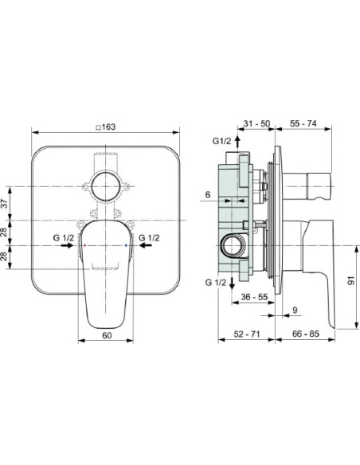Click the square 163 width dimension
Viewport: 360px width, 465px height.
105,126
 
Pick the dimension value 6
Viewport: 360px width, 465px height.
206,195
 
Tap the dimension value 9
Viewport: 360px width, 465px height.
294,310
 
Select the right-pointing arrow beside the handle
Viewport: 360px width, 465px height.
70,247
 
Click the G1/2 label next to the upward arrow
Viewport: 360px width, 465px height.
222,141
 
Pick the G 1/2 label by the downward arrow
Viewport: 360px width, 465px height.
215,283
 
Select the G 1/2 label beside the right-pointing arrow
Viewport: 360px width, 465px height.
65,237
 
